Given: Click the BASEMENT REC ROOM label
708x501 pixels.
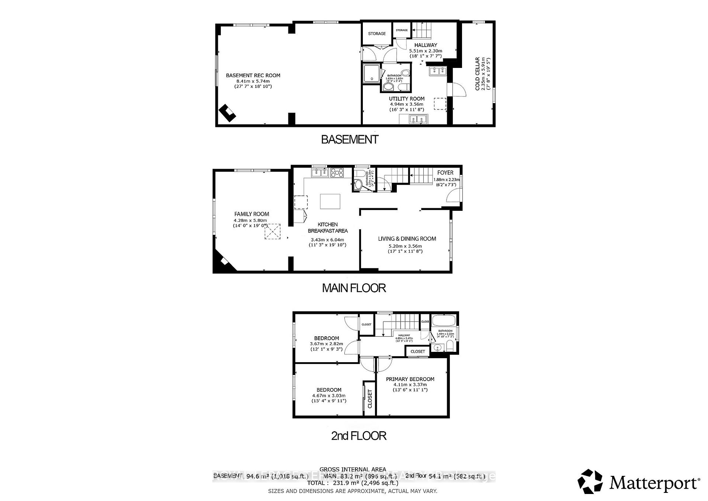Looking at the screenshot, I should coord(253,75).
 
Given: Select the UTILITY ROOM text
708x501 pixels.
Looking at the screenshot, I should coord(407,99).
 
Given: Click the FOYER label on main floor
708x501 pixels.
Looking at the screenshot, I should coord(445,172).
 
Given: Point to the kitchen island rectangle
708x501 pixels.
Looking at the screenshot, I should coord(330,201).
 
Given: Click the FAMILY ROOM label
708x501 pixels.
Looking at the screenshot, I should coord(251,214).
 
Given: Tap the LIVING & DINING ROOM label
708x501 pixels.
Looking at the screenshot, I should coord(407,239).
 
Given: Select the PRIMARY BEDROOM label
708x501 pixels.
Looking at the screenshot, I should coord(410,379).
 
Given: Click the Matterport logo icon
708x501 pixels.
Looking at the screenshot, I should coord(590,481).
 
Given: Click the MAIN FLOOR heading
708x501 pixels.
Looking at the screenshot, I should coord(354,288).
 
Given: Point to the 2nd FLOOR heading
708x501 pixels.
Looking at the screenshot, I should coord(358,436).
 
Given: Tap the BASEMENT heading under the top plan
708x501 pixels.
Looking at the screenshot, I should coord(350,140).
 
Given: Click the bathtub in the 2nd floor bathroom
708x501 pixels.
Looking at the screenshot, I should coord(444,320).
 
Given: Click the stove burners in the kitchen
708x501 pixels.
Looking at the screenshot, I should coord(337,172).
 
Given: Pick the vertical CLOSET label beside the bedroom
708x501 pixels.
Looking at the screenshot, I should coord(370,399).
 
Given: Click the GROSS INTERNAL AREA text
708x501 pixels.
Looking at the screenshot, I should coord(353,470).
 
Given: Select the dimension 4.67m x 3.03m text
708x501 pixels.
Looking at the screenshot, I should coord(329,395).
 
